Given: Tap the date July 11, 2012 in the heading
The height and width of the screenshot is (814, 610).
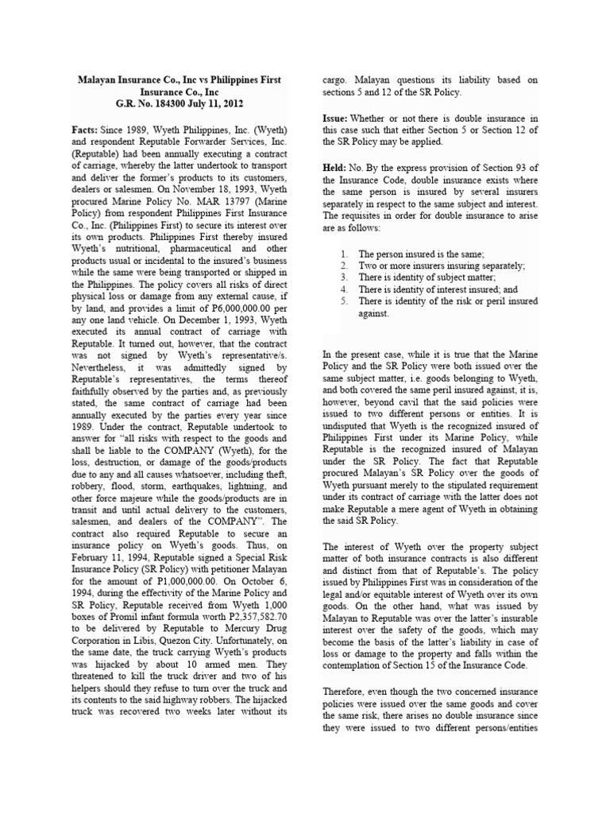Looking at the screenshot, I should [x=214, y=103].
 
